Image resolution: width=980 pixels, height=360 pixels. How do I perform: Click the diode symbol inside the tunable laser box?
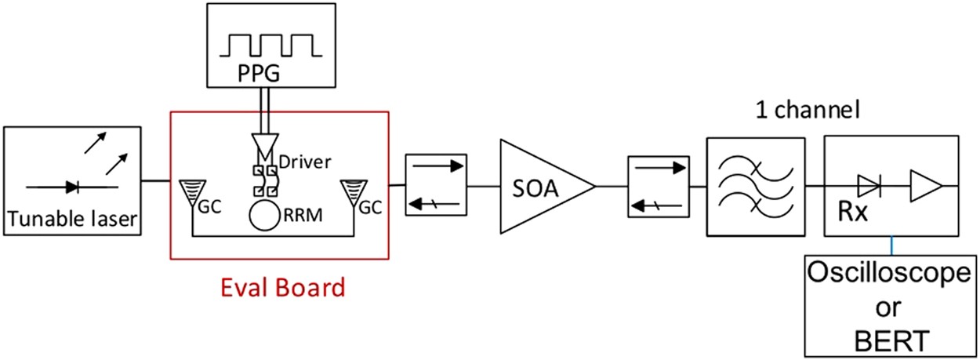pos(72,187)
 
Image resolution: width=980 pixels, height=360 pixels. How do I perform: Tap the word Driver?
pos(303,162)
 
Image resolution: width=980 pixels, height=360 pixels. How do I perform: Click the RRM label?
pos(304,212)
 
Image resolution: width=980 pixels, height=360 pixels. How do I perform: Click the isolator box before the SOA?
pos(435,184)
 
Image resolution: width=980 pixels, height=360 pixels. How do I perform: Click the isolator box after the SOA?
pos(657,187)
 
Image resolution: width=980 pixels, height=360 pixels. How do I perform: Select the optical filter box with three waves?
pos(756,187)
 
